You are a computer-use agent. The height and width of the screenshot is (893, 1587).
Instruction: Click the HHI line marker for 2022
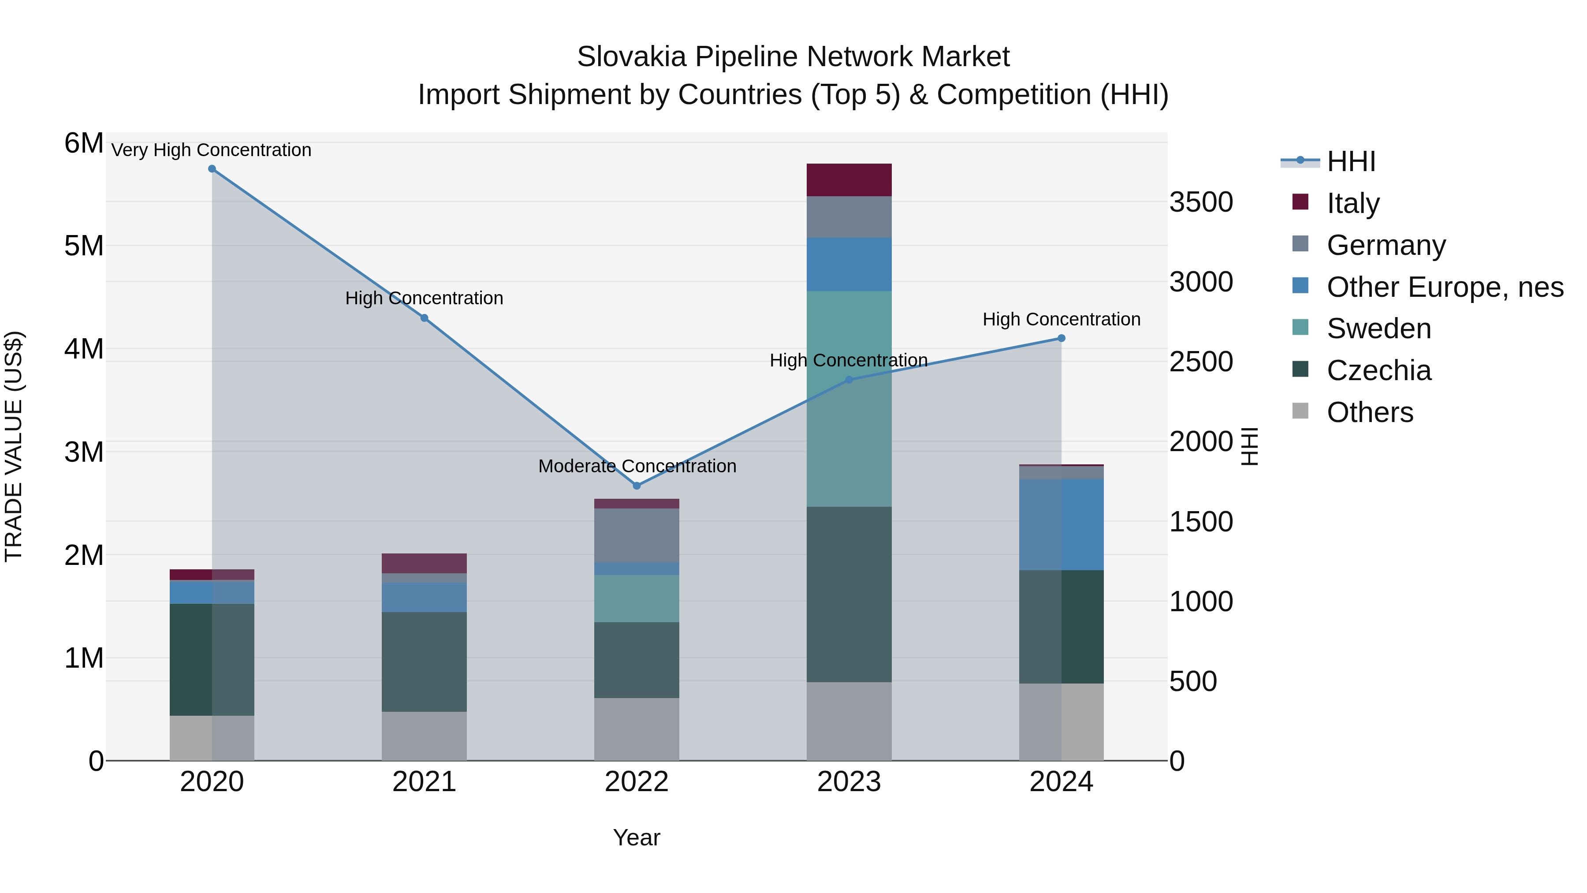tap(637, 486)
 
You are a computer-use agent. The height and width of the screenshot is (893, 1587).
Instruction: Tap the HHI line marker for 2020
tap(212, 169)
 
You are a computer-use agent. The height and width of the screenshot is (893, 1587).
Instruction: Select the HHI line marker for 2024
tap(1061, 338)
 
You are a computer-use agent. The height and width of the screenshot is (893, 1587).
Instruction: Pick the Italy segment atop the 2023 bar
tap(849, 180)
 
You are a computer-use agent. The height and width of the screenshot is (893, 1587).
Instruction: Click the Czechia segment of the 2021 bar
tap(424, 662)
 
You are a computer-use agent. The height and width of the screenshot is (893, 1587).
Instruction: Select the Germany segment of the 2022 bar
tap(637, 535)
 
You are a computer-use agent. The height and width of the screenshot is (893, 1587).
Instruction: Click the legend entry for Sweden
tap(1379, 329)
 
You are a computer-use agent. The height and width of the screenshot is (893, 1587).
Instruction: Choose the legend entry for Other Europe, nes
tap(1444, 287)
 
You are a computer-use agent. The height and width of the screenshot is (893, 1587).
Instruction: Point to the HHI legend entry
tap(1350, 161)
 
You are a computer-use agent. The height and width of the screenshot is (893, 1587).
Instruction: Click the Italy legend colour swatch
tap(1300, 202)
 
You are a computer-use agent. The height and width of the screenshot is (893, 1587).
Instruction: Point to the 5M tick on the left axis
tap(84, 246)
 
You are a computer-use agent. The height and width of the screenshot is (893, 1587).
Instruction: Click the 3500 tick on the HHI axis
tap(1201, 202)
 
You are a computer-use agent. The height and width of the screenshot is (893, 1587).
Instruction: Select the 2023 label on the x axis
tap(849, 782)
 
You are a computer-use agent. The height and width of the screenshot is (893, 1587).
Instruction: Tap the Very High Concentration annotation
tap(211, 150)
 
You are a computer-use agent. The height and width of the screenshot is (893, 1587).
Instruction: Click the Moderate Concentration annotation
tap(637, 466)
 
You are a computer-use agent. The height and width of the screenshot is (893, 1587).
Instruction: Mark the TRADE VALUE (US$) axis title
tap(14, 446)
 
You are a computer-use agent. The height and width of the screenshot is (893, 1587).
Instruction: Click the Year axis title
tap(637, 837)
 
